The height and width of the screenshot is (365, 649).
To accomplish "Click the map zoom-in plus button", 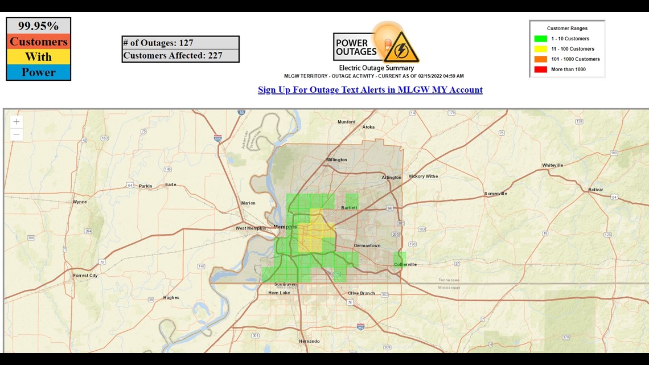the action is pyautogui.click(x=17, y=122).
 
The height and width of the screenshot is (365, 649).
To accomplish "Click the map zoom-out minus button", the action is pyautogui.click(x=17, y=134).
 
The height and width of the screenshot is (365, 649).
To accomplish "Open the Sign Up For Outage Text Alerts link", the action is pyautogui.click(x=370, y=89).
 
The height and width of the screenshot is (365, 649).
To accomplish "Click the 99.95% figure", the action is pyautogui.click(x=38, y=26).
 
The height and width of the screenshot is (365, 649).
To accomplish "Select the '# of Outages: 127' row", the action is pyautogui.click(x=180, y=43).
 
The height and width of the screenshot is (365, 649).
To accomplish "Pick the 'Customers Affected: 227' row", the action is pyautogui.click(x=180, y=55).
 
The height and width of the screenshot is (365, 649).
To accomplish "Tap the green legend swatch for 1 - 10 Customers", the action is pyautogui.click(x=540, y=39).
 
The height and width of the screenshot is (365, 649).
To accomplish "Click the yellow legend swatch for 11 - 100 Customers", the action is pyautogui.click(x=540, y=49).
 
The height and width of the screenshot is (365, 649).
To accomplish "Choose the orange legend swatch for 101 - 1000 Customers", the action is pyautogui.click(x=540, y=59).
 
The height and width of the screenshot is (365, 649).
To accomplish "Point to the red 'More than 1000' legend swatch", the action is pyautogui.click(x=540, y=69).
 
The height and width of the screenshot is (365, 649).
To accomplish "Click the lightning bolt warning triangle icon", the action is pyautogui.click(x=401, y=47).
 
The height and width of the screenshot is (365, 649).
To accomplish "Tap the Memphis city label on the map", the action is pyautogui.click(x=285, y=227).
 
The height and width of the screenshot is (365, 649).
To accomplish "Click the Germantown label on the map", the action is pyautogui.click(x=367, y=245).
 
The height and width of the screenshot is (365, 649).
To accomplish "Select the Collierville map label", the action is pyautogui.click(x=405, y=264).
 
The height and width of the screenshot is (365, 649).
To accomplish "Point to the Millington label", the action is pyautogui.click(x=336, y=159).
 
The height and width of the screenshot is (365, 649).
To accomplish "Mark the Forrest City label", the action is pyautogui.click(x=85, y=276).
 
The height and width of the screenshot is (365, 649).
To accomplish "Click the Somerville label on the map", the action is pyautogui.click(x=495, y=194).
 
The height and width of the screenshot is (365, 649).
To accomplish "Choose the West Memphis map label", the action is pyautogui.click(x=252, y=228).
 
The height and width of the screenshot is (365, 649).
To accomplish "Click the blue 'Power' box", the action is pyautogui.click(x=38, y=72).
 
